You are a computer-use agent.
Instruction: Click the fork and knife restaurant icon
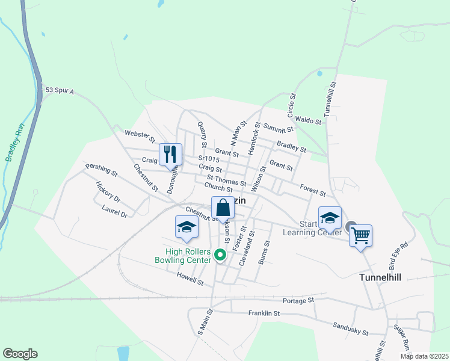click(170, 154)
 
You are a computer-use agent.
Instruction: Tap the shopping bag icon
click(223, 208)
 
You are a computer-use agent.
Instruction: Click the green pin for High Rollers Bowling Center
click(220, 256)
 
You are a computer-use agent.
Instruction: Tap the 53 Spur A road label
click(59, 90)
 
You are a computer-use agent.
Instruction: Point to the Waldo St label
click(310, 122)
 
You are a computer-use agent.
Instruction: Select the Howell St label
click(191, 277)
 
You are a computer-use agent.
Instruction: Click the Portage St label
click(298, 300)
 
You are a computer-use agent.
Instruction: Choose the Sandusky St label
click(350, 328)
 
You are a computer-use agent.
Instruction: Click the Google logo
click(20, 354)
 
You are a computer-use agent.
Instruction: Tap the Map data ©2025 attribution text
click(424, 356)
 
